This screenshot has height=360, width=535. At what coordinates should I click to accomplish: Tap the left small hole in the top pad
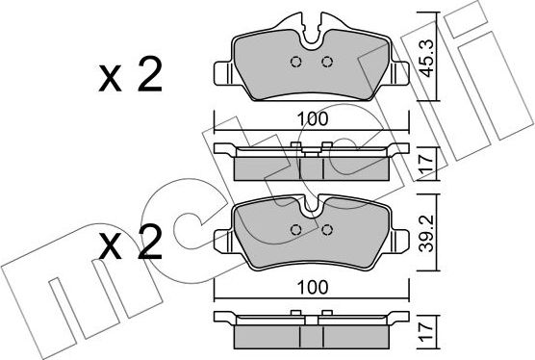click(297, 64)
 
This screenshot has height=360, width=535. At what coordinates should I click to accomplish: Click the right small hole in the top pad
click(325, 64)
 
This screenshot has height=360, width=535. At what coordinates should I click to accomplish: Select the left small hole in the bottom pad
click(297, 229)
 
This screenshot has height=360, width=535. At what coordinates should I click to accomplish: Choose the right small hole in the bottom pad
click(325, 229)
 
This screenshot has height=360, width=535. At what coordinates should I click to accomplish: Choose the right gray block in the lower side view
click(353, 337)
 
